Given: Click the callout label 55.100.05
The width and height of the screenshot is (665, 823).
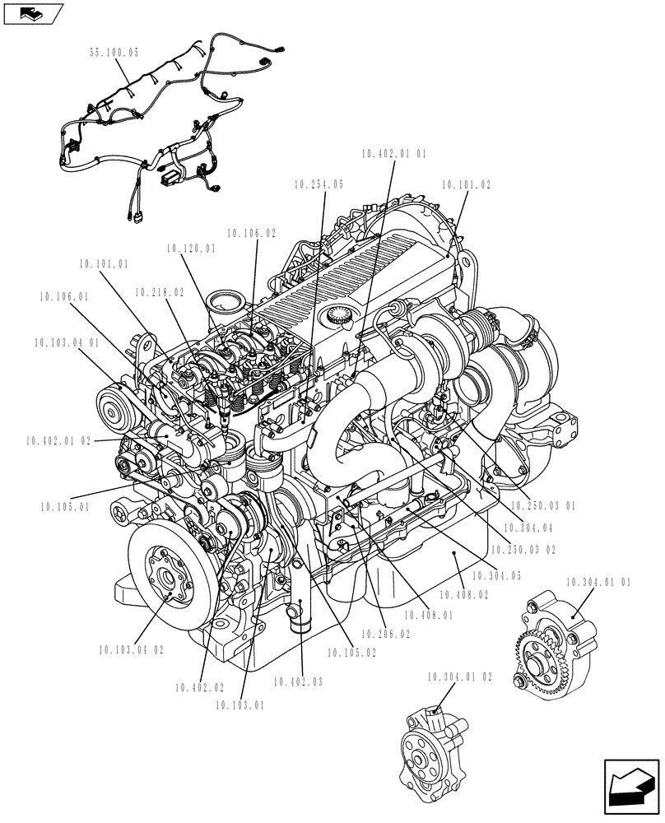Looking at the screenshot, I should (114, 52).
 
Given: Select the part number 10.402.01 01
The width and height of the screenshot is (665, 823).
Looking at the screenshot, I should (394, 153).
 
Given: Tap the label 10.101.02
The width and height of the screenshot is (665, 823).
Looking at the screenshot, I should (466, 185).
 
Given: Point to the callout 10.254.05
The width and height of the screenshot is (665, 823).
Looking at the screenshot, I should (318, 185).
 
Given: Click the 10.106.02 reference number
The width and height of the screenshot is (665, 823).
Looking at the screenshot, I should (251, 234).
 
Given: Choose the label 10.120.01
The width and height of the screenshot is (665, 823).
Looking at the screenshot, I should (191, 248).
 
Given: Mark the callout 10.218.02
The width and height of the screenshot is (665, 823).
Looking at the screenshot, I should (159, 291).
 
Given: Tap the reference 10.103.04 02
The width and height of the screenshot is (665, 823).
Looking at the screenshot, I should (131, 649).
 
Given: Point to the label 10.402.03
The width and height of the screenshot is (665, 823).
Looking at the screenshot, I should (299, 681).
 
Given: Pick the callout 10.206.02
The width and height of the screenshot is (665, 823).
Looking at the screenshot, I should (384, 635).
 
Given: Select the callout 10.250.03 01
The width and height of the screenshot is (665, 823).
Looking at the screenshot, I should (545, 505).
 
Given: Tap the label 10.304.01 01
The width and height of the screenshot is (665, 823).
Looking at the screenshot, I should (599, 583).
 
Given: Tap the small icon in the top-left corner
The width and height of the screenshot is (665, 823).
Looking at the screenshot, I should (33, 14).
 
